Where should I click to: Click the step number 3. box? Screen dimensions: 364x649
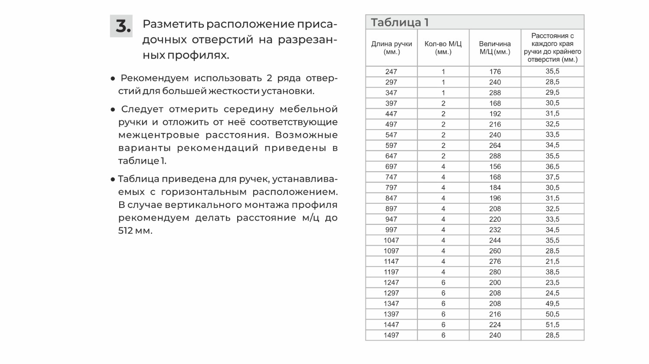(121, 26)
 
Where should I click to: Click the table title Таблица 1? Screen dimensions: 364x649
(400, 23)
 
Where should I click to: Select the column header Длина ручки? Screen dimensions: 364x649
(391, 48)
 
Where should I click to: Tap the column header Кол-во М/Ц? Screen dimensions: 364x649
(443, 48)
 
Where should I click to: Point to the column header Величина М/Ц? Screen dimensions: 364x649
(495, 48)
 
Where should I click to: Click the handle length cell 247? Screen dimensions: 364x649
(391, 71)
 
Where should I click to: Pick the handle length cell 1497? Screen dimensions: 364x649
(391, 335)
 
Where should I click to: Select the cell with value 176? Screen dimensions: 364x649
(495, 71)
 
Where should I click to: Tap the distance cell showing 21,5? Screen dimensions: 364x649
(552, 261)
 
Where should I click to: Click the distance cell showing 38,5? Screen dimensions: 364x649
(552, 272)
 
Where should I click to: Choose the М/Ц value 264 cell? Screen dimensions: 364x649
(495, 145)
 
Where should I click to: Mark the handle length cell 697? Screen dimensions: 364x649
(391, 166)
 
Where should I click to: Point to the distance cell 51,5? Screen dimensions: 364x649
(552, 325)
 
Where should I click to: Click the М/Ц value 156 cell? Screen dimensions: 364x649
(495, 166)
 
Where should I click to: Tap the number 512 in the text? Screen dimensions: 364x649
(125, 231)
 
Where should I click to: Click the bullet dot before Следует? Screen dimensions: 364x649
(113, 110)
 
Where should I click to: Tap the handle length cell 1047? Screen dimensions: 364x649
(391, 240)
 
